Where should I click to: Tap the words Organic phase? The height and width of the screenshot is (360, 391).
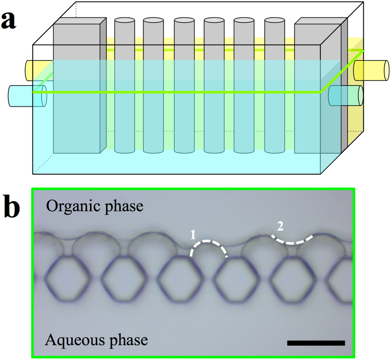(95, 206)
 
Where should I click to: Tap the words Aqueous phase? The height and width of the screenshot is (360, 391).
(97, 339)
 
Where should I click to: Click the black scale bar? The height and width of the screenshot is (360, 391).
(316, 343)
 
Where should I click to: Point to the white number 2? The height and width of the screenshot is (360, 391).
(280, 227)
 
